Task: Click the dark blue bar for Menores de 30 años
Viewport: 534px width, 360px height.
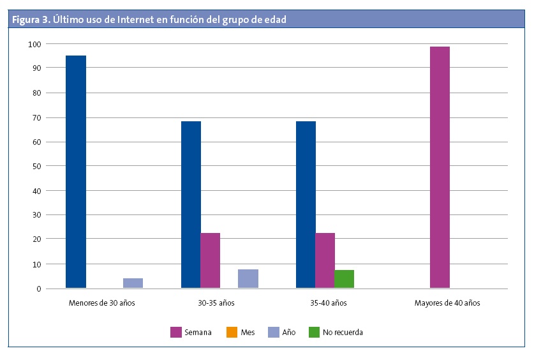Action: tap(76, 172)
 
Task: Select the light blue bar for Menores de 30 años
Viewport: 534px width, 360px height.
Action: tap(133, 283)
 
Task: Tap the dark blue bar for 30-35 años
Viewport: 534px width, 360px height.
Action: tap(191, 204)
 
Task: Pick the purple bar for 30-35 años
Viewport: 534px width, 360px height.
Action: tap(210, 260)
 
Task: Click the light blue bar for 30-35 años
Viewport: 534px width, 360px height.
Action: tap(248, 278)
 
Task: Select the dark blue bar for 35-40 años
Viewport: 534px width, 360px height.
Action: tap(306, 204)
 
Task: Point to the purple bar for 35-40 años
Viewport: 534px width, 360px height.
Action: tap(325, 260)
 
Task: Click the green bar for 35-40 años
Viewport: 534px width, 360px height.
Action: tap(344, 279)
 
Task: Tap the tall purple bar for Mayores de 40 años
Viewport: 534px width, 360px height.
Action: tap(440, 167)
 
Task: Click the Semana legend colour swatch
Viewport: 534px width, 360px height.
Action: tap(175, 332)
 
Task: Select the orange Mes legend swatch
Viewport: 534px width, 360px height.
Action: tap(231, 332)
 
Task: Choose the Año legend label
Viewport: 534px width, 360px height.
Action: tap(288, 333)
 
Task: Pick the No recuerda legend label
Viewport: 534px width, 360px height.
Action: tap(343, 333)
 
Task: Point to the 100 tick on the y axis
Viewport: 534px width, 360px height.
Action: tap(34, 44)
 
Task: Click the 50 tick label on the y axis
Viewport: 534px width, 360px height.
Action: tap(36, 166)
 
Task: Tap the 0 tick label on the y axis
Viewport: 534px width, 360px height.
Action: tap(38, 289)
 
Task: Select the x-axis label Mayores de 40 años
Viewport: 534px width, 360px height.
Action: tap(447, 303)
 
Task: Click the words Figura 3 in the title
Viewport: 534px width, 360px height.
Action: tap(30, 20)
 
